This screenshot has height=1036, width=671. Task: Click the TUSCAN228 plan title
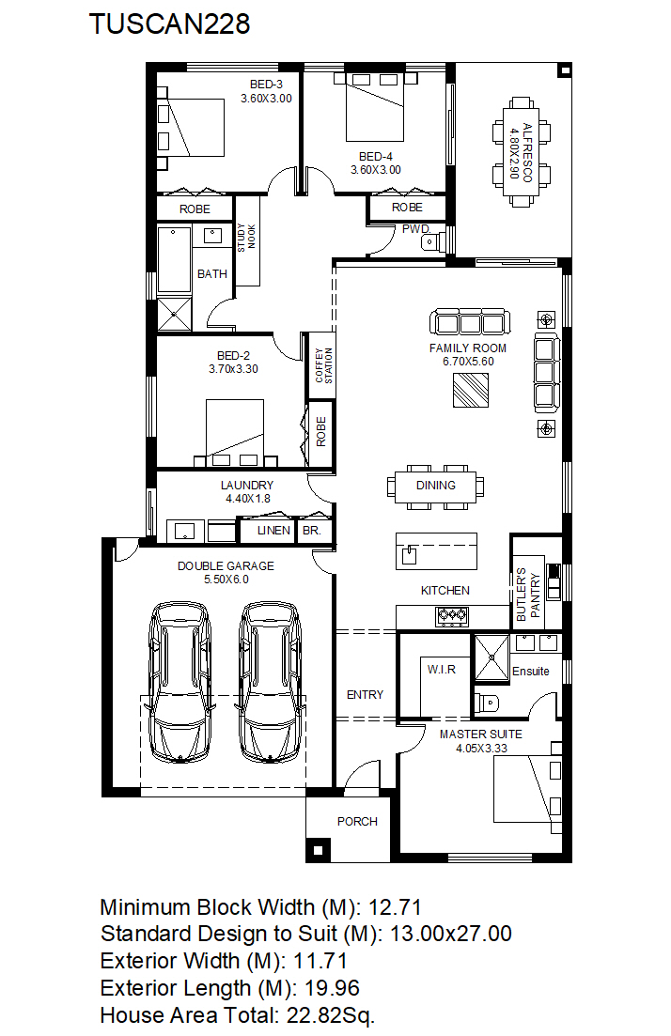pyautogui.click(x=170, y=23)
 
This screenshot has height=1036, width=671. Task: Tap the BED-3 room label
pyautogui.click(x=266, y=85)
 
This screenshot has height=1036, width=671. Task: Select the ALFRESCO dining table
pyautogui.click(x=521, y=152)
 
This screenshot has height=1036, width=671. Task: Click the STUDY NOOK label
pyautogui.click(x=246, y=238)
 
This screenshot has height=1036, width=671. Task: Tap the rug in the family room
pyautogui.click(x=471, y=390)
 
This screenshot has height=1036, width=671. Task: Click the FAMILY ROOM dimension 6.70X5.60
pyautogui.click(x=468, y=362)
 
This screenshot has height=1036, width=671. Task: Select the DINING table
pyautogui.click(x=436, y=487)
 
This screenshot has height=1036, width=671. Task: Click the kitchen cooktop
pyautogui.click(x=452, y=616)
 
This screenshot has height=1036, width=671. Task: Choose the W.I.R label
pyautogui.click(x=442, y=670)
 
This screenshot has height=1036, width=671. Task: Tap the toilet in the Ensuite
pyautogui.click(x=487, y=703)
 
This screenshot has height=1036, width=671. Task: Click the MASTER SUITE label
pyautogui.click(x=480, y=734)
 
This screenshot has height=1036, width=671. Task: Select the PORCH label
pyautogui.click(x=357, y=821)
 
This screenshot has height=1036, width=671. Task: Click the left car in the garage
pyautogui.click(x=180, y=683)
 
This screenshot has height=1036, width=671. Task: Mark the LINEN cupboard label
pyautogui.click(x=273, y=531)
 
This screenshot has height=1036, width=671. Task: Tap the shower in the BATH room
pyautogui.click(x=175, y=314)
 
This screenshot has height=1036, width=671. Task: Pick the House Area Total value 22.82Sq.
pyautogui.click(x=330, y=1015)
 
